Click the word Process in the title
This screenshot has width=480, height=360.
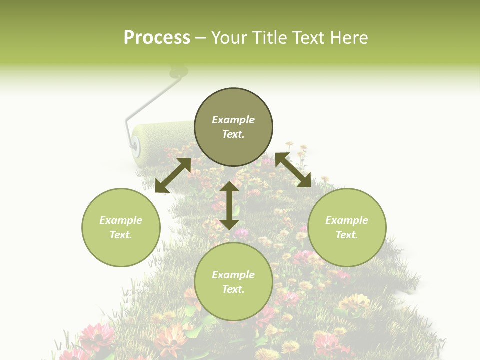[x=157, y=38]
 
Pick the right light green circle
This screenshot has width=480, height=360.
[x=347, y=250]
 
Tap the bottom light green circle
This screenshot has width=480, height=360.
[x=233, y=305]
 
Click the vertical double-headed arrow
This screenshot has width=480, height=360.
[x=229, y=205]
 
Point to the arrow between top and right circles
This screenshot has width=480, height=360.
[x=293, y=170]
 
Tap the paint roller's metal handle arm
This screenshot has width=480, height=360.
[x=150, y=100]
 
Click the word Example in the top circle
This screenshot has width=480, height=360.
[x=233, y=120]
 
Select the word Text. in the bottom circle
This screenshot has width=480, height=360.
[x=233, y=289]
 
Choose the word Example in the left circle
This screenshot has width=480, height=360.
[x=121, y=220]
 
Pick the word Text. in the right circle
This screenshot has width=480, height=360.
[x=347, y=235]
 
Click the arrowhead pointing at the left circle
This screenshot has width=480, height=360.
[x=161, y=186]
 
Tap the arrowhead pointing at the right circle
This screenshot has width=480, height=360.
[x=305, y=181]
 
